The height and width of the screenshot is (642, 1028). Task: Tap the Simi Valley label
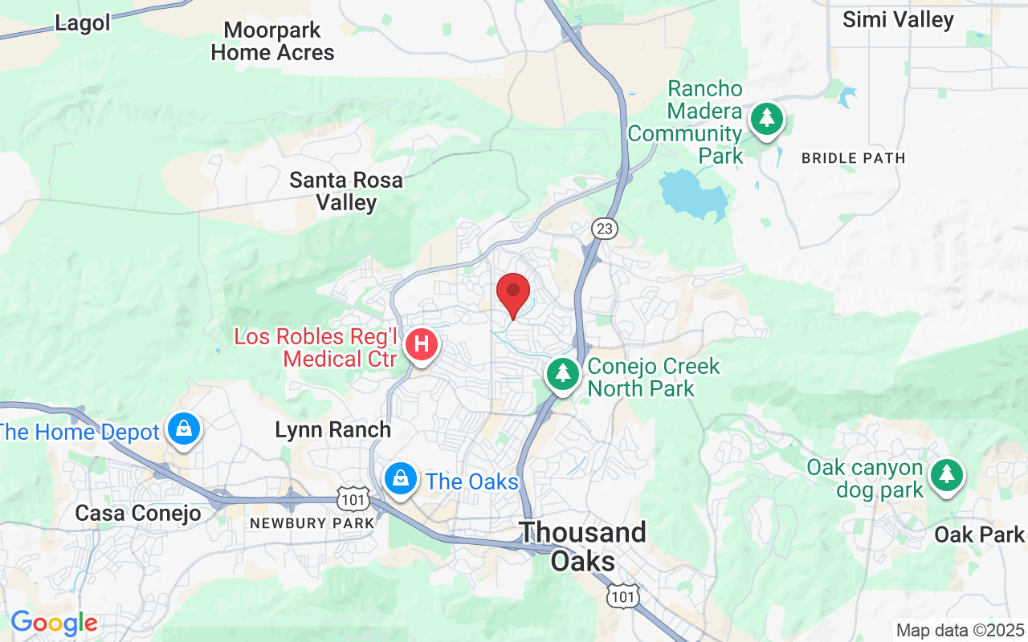click(898, 19)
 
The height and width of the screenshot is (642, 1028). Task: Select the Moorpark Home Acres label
click(272, 42)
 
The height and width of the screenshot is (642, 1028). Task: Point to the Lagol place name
click(83, 23)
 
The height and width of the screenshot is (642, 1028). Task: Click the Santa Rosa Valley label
click(346, 191)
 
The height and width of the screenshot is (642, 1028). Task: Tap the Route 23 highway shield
click(605, 230)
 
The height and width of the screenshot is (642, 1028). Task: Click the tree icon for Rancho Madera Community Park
click(767, 120)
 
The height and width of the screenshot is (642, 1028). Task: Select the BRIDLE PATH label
click(853, 158)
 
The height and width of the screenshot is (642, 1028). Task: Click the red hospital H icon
click(422, 345)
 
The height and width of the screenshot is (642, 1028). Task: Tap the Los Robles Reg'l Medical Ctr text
click(316, 347)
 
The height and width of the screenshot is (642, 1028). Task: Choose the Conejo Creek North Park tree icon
click(563, 373)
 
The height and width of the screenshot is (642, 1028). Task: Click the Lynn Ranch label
click(332, 430)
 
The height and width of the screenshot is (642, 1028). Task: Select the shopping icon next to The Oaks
click(399, 479)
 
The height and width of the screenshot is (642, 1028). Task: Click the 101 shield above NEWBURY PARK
click(353, 501)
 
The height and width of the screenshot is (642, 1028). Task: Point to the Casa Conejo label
click(138, 513)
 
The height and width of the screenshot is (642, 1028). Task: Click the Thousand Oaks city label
click(583, 546)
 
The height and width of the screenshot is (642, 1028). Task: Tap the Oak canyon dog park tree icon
click(947, 474)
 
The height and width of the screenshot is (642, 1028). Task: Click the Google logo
click(54, 623)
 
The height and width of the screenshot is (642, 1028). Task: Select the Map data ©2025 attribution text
click(961, 630)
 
